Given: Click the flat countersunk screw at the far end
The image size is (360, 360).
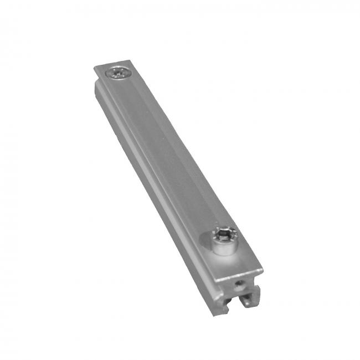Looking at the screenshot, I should tap(119, 73).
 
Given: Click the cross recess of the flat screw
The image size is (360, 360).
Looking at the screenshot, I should tap(119, 72).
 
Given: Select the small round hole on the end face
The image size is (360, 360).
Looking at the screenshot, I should tap(236, 287).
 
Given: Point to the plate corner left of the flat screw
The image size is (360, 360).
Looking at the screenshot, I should tap(95, 68).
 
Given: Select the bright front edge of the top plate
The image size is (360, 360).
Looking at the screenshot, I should tap(238, 277).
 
